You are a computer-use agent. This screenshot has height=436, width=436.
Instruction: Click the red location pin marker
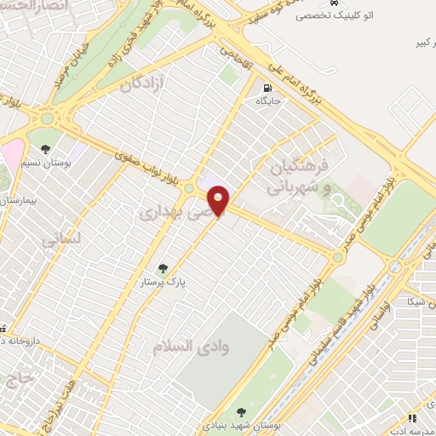[220, 199]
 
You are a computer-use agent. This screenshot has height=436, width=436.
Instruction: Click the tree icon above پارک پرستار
[164, 266]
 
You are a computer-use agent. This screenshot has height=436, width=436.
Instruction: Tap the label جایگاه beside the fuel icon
[270, 101]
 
